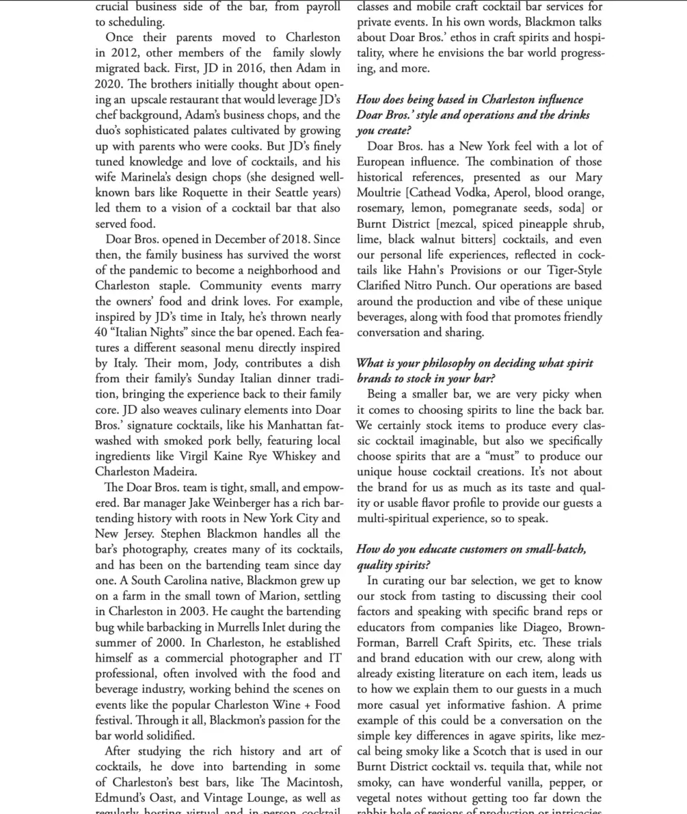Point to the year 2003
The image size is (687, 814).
point(190,611)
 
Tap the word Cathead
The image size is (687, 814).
point(430,193)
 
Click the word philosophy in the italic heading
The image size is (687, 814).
point(428,363)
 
